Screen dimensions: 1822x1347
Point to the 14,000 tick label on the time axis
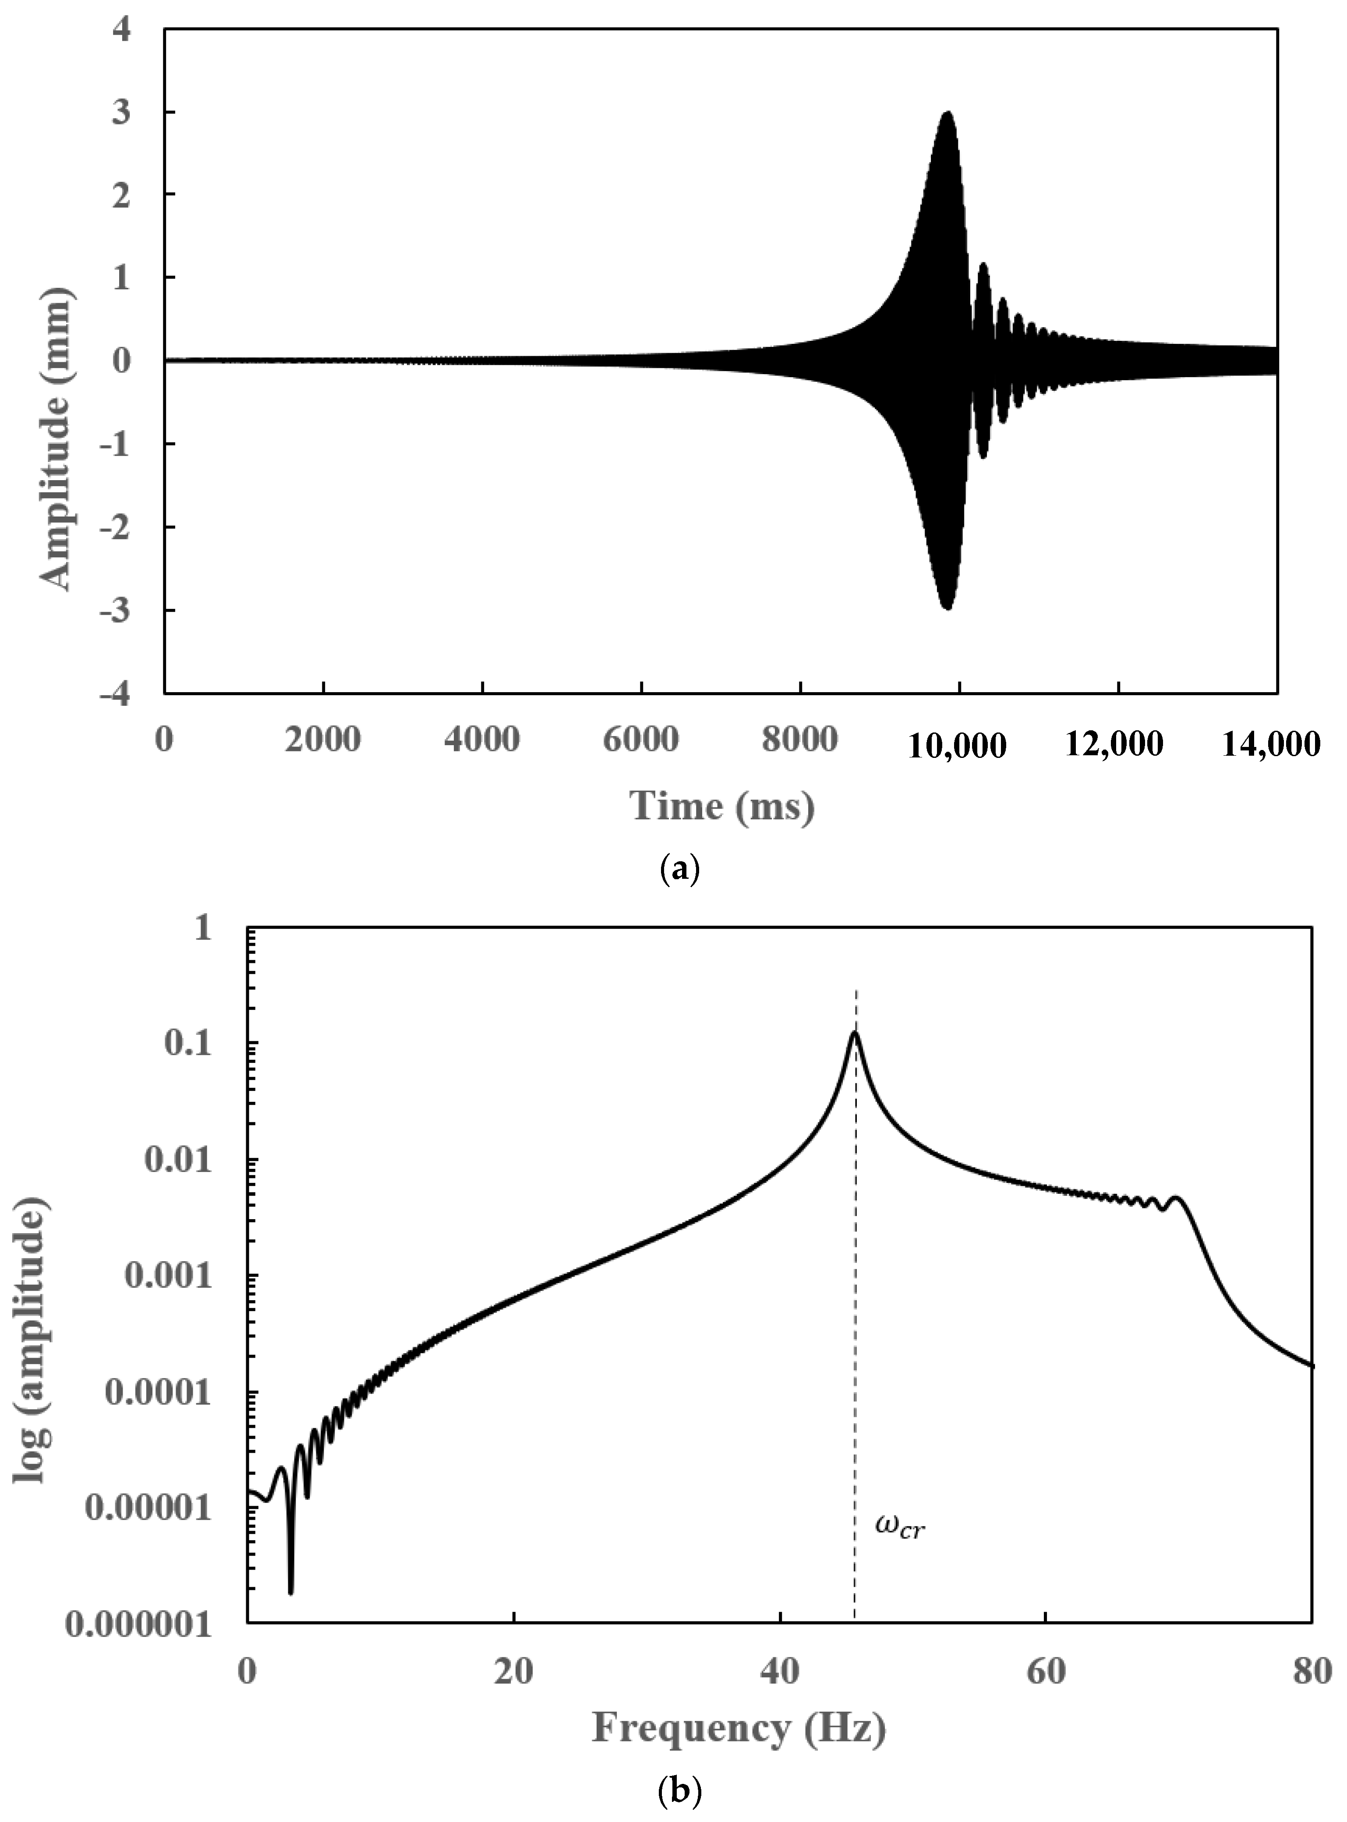pos(1269,743)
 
